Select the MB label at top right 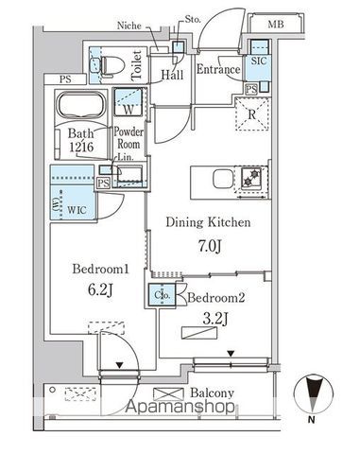pyautogui.click(x=275, y=23)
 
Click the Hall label pyautogui.click(x=171, y=73)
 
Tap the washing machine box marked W pyautogui.click(x=126, y=99)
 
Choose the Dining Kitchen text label pyautogui.click(x=209, y=223)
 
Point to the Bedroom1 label pyautogui.click(x=97, y=269)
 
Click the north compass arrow pyautogui.click(x=314, y=392)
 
